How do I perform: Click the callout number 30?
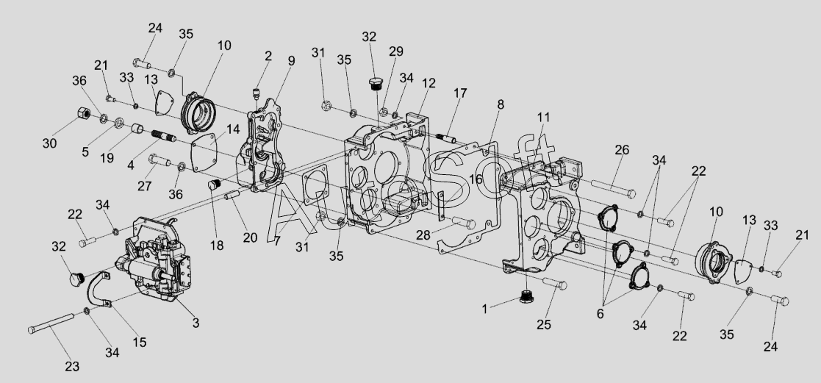(49, 143)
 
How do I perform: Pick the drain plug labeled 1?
(526, 298)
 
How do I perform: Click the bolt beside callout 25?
(556, 284)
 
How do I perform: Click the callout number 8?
(500, 104)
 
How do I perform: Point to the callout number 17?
(459, 93)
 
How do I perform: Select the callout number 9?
(291, 61)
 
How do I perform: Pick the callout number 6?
(600, 312)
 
